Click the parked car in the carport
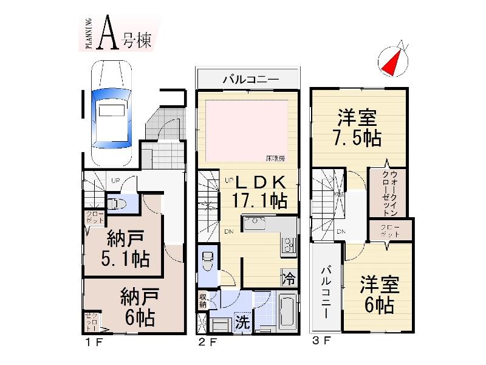pos(111,113)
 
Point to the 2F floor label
pos(208,342)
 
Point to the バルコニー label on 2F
pos(250,78)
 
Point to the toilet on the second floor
pos(207,262)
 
